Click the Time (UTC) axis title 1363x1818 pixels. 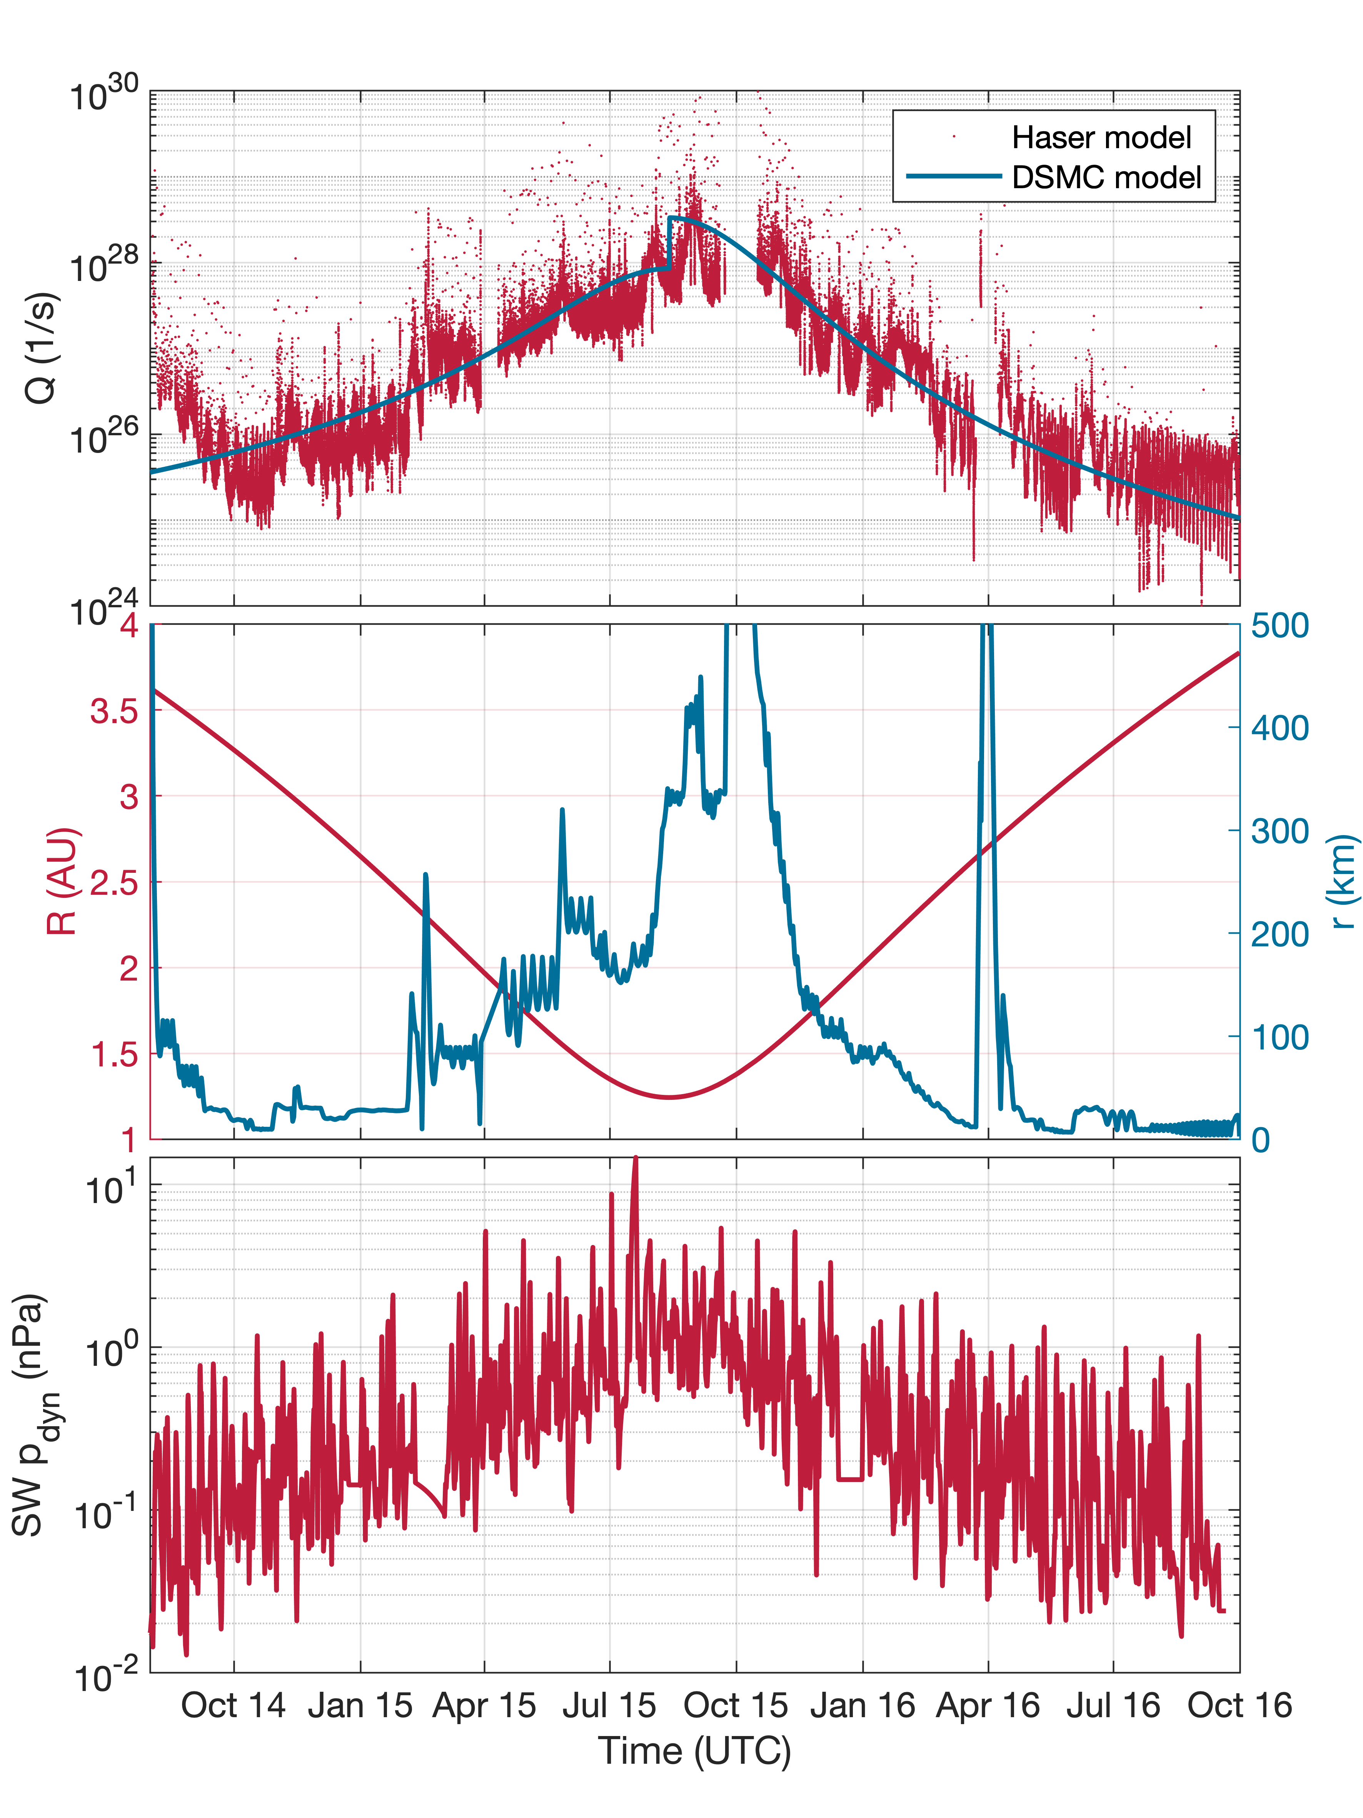pos(694,1751)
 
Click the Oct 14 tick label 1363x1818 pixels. pos(234,1706)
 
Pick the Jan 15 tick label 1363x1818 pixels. pos(360,1706)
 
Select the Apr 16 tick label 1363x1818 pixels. pos(988,1706)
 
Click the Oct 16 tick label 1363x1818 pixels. pos(1239,1706)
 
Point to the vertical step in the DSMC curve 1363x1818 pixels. pos(670,242)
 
